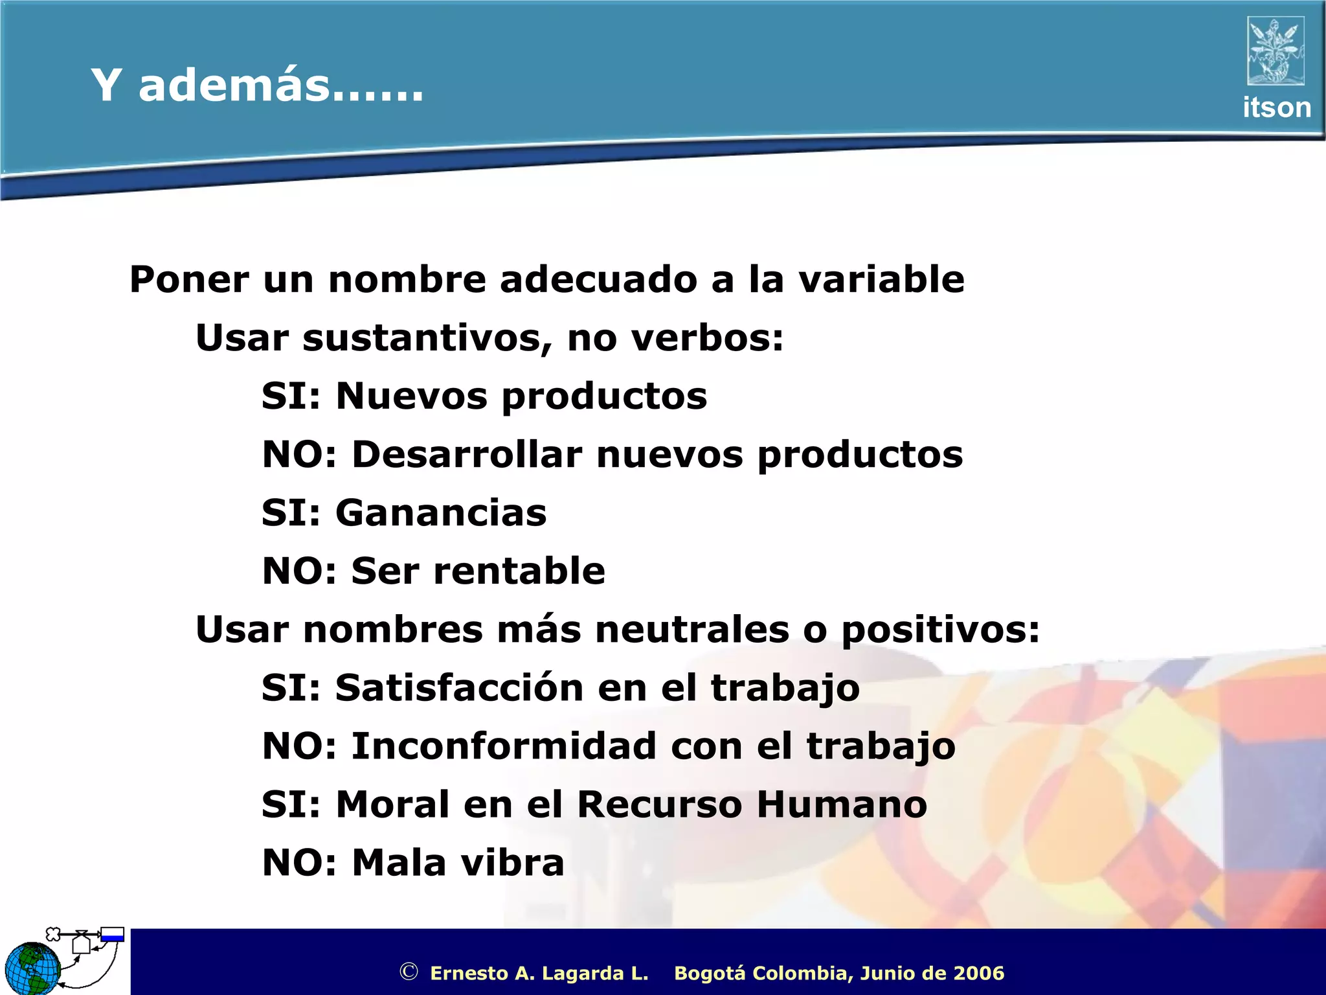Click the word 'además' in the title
233,86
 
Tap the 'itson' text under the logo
1276,108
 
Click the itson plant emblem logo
1275,51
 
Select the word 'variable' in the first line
881,280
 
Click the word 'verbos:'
707,338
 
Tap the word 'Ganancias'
441,513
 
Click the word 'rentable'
519,571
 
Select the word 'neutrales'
692,630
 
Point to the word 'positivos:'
940,630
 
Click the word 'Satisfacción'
459,688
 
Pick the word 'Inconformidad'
504,746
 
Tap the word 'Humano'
842,805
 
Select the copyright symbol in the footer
409,972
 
